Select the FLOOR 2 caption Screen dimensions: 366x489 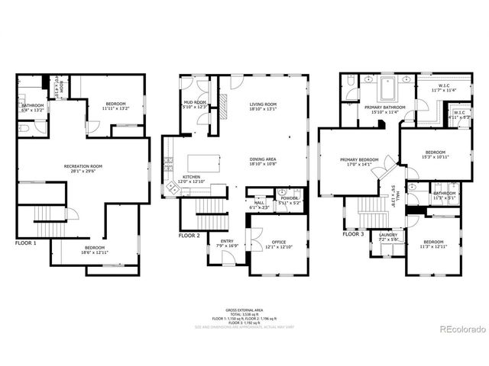pos(189,236)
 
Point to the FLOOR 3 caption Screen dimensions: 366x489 pos(351,234)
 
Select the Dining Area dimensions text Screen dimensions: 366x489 pos(262,165)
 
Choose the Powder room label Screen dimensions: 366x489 pos(289,198)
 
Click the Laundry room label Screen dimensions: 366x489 pos(389,235)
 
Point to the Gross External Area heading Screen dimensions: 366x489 pos(244,310)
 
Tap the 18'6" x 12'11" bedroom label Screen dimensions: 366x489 pos(95,248)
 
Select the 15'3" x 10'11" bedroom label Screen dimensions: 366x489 pos(434,152)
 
